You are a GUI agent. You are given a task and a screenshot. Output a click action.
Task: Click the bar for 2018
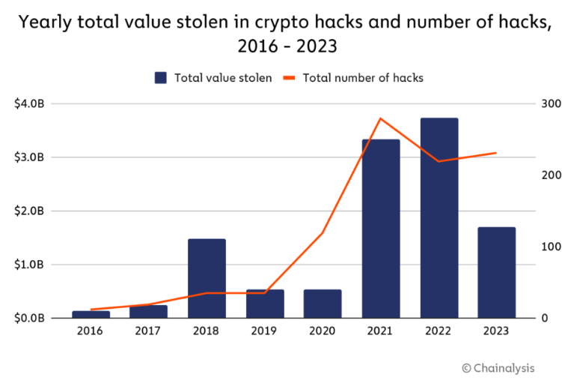point(207,278)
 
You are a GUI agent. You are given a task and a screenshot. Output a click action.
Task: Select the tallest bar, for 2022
point(439,217)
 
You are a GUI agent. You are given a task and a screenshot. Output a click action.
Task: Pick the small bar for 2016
point(91,314)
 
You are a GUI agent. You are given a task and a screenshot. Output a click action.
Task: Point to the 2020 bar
point(323,304)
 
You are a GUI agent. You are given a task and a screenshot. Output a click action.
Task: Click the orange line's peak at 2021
point(380,118)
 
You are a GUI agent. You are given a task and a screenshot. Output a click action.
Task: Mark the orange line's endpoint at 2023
point(496,153)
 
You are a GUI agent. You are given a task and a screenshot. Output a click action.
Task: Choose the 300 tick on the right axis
point(552,103)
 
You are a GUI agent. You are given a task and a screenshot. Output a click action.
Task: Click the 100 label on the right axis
point(552,247)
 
